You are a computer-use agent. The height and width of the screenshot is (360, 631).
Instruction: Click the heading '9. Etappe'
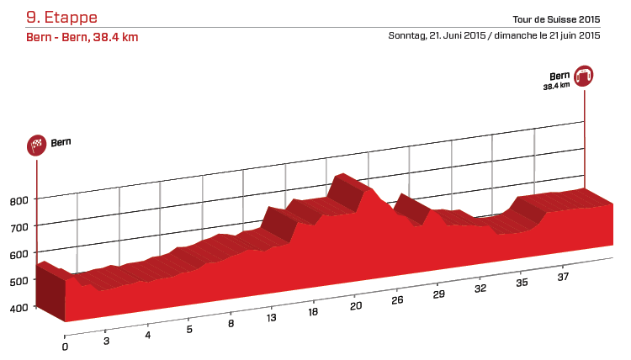pos(61,17)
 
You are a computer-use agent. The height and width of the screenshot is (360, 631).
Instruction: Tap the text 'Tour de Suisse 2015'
pos(555,19)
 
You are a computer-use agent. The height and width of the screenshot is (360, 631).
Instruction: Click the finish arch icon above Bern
pos(584,76)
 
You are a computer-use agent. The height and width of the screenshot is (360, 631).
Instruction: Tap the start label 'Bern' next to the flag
pos(61,142)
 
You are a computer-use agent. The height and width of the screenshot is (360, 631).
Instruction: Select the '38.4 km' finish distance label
pos(556,85)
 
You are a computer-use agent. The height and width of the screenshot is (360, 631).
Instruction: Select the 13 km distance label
pos(271,319)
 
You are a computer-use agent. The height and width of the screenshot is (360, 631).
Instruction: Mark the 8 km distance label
pos(231,324)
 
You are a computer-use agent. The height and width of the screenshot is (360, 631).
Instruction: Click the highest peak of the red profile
pos(340,175)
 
